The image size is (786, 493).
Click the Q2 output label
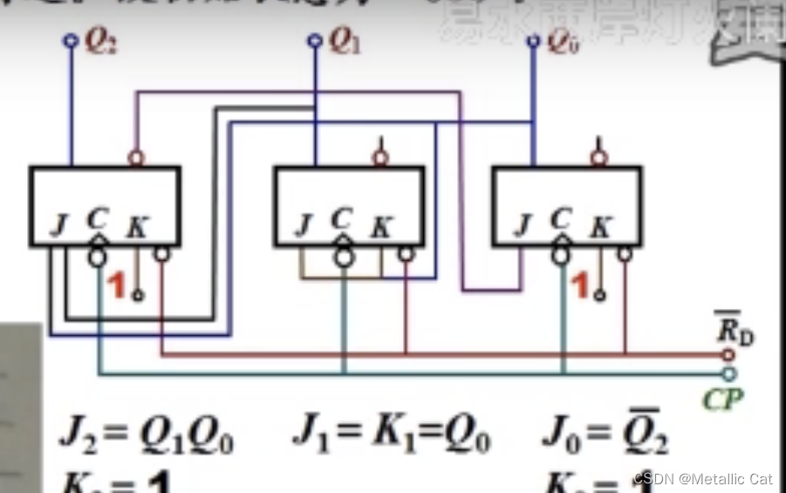[101, 43]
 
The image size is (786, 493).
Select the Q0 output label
[563, 43]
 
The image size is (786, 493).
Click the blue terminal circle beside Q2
[71, 40]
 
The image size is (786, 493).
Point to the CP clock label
[722, 400]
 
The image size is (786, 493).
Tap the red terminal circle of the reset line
[729, 355]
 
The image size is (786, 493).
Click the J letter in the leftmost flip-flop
[59, 226]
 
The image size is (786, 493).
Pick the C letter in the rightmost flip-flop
[561, 219]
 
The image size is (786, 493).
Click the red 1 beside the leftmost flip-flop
[114, 285]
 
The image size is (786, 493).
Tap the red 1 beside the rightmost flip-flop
[580, 285]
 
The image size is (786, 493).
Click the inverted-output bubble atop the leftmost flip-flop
[136, 159]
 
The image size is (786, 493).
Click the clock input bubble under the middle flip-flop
[345, 257]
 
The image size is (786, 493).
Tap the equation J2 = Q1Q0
[147, 435]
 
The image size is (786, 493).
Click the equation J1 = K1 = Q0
[392, 435]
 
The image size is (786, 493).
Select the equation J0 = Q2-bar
[605, 433]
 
